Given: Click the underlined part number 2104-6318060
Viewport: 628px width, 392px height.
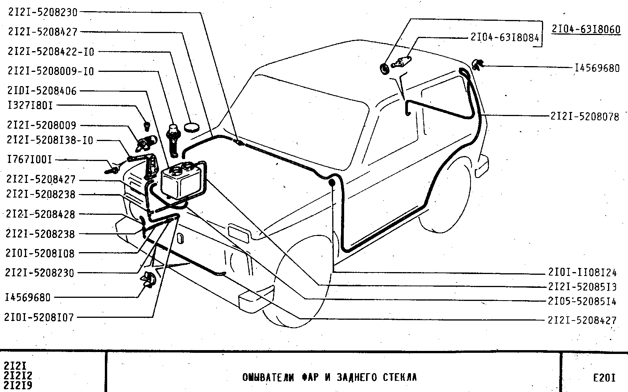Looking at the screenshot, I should [586, 29].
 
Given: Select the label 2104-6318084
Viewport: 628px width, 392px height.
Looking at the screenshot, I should [505, 37].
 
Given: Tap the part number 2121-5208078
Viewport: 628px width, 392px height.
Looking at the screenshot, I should [585, 116].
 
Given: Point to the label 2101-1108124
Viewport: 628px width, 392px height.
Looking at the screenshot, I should [582, 272].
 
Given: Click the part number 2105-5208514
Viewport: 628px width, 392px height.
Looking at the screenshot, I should [582, 301].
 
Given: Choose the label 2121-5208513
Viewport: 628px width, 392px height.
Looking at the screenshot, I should [582, 287].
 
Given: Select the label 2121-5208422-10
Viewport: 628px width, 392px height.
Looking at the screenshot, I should [51, 51].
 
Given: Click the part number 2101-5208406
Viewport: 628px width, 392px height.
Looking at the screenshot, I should [42, 91].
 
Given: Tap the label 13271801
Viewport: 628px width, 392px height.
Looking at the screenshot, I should [30, 105].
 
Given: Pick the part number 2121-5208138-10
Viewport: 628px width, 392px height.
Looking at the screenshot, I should [50, 140].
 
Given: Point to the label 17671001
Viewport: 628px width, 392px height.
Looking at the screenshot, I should [30, 159].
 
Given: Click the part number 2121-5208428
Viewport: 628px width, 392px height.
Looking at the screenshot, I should [40, 214].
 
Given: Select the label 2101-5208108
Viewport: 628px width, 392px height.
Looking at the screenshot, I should [40, 253].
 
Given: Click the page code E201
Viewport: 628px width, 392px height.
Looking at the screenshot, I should [604, 378].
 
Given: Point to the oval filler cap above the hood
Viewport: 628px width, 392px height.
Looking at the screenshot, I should [192, 126].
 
